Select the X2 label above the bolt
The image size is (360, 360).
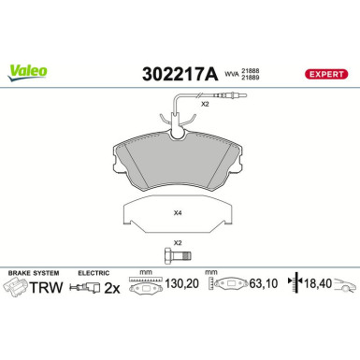pos(179,242)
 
